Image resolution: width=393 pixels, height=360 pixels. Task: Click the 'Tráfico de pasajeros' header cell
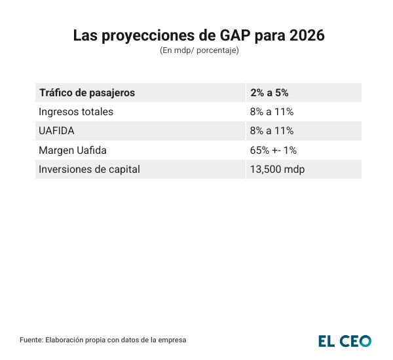click(87, 93)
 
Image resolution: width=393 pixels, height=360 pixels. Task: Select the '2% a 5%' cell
click(269, 93)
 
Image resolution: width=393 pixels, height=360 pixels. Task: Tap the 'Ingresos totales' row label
click(76, 112)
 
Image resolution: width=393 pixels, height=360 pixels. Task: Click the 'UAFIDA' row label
click(57, 131)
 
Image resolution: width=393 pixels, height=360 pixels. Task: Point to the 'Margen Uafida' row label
click(73, 150)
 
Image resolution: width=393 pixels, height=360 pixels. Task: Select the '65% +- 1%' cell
click(273, 150)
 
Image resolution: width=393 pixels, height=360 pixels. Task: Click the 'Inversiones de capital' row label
click(90, 169)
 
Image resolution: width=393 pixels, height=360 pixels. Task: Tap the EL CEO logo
click(345, 340)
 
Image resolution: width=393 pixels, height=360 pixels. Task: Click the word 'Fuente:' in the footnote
click(31, 340)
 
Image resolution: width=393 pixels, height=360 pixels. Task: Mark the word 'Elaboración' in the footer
click(64, 340)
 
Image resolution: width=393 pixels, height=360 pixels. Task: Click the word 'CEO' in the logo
click(356, 340)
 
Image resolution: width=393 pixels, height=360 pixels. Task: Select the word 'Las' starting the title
click(84, 35)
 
